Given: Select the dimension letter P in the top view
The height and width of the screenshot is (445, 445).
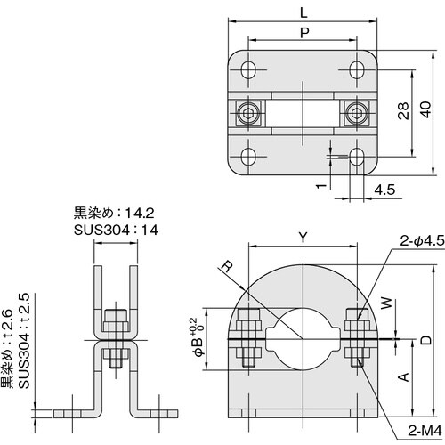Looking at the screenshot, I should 303,31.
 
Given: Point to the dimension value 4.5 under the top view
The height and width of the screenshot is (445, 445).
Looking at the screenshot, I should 385,189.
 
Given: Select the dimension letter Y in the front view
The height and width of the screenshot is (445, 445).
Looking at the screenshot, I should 303,238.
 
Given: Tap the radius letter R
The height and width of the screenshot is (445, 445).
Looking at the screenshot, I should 228,265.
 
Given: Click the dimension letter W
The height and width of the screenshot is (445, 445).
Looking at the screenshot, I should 385,303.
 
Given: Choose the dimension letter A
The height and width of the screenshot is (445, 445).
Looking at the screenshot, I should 403,376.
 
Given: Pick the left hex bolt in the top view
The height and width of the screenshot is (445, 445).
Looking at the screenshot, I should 249,112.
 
